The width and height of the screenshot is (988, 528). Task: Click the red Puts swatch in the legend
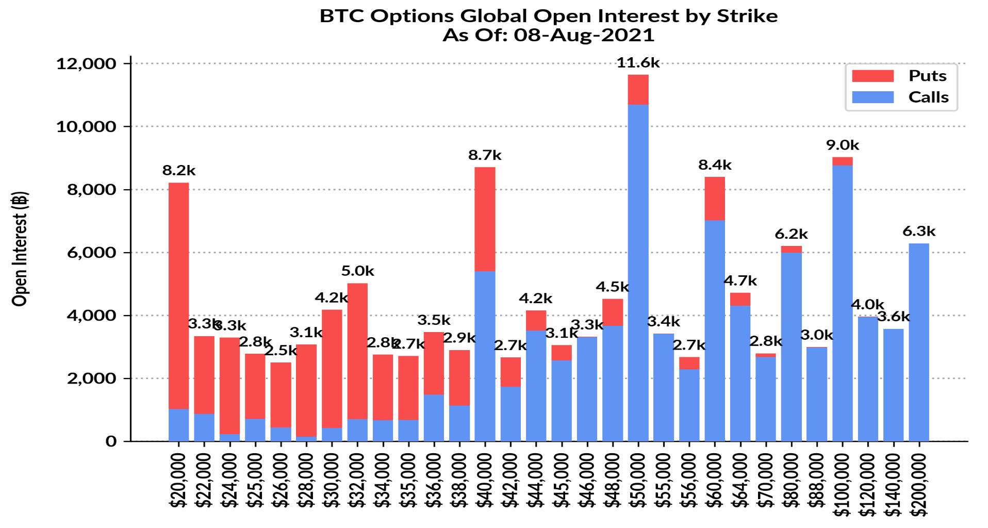click(x=872, y=76)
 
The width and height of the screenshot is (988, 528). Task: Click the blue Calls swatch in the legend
click(x=872, y=97)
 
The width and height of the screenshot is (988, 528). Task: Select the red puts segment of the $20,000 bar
click(x=178, y=294)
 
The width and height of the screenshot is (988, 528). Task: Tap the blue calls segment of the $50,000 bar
click(x=638, y=273)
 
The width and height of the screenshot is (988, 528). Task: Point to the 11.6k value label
click(x=638, y=63)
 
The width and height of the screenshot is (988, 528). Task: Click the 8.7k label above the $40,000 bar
click(x=485, y=155)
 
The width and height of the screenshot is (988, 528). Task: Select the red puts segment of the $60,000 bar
click(x=714, y=199)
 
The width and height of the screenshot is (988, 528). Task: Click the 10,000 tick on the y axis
click(x=86, y=127)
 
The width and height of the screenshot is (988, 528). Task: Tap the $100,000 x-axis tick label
click(x=842, y=485)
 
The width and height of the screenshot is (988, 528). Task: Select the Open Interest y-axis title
click(x=20, y=249)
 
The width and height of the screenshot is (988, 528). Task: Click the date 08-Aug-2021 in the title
click(x=584, y=35)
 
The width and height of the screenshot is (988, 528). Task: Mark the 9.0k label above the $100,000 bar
click(x=842, y=145)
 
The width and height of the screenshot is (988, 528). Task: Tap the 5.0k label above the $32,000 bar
click(x=357, y=271)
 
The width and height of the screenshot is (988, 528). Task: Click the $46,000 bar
click(x=587, y=389)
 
